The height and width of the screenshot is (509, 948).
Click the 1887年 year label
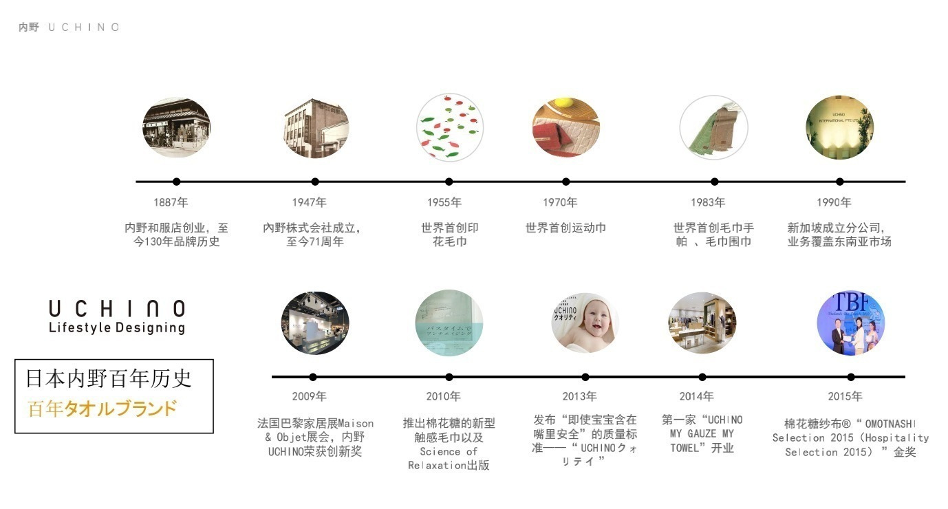(x=171, y=202)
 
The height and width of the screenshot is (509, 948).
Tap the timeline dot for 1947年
(x=315, y=182)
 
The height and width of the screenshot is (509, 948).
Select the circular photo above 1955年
(x=450, y=129)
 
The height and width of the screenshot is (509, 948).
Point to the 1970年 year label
(x=560, y=202)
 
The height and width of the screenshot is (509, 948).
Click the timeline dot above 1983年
(x=714, y=182)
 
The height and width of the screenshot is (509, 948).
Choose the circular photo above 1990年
(x=839, y=127)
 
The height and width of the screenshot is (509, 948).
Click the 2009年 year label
(x=309, y=396)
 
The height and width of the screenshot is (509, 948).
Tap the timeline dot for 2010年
(x=449, y=377)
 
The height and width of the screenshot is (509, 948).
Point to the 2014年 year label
(x=696, y=396)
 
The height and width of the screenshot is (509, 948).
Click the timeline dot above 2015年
(x=851, y=377)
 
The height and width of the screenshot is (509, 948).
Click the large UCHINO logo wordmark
(x=117, y=308)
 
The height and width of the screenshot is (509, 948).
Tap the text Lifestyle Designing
(x=117, y=327)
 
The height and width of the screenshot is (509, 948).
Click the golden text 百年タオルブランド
(x=102, y=409)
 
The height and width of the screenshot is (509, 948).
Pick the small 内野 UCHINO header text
(x=69, y=28)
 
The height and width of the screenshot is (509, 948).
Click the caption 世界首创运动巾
(x=565, y=228)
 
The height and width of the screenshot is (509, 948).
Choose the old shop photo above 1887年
(x=176, y=127)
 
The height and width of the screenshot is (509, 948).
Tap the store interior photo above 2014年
(x=702, y=323)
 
